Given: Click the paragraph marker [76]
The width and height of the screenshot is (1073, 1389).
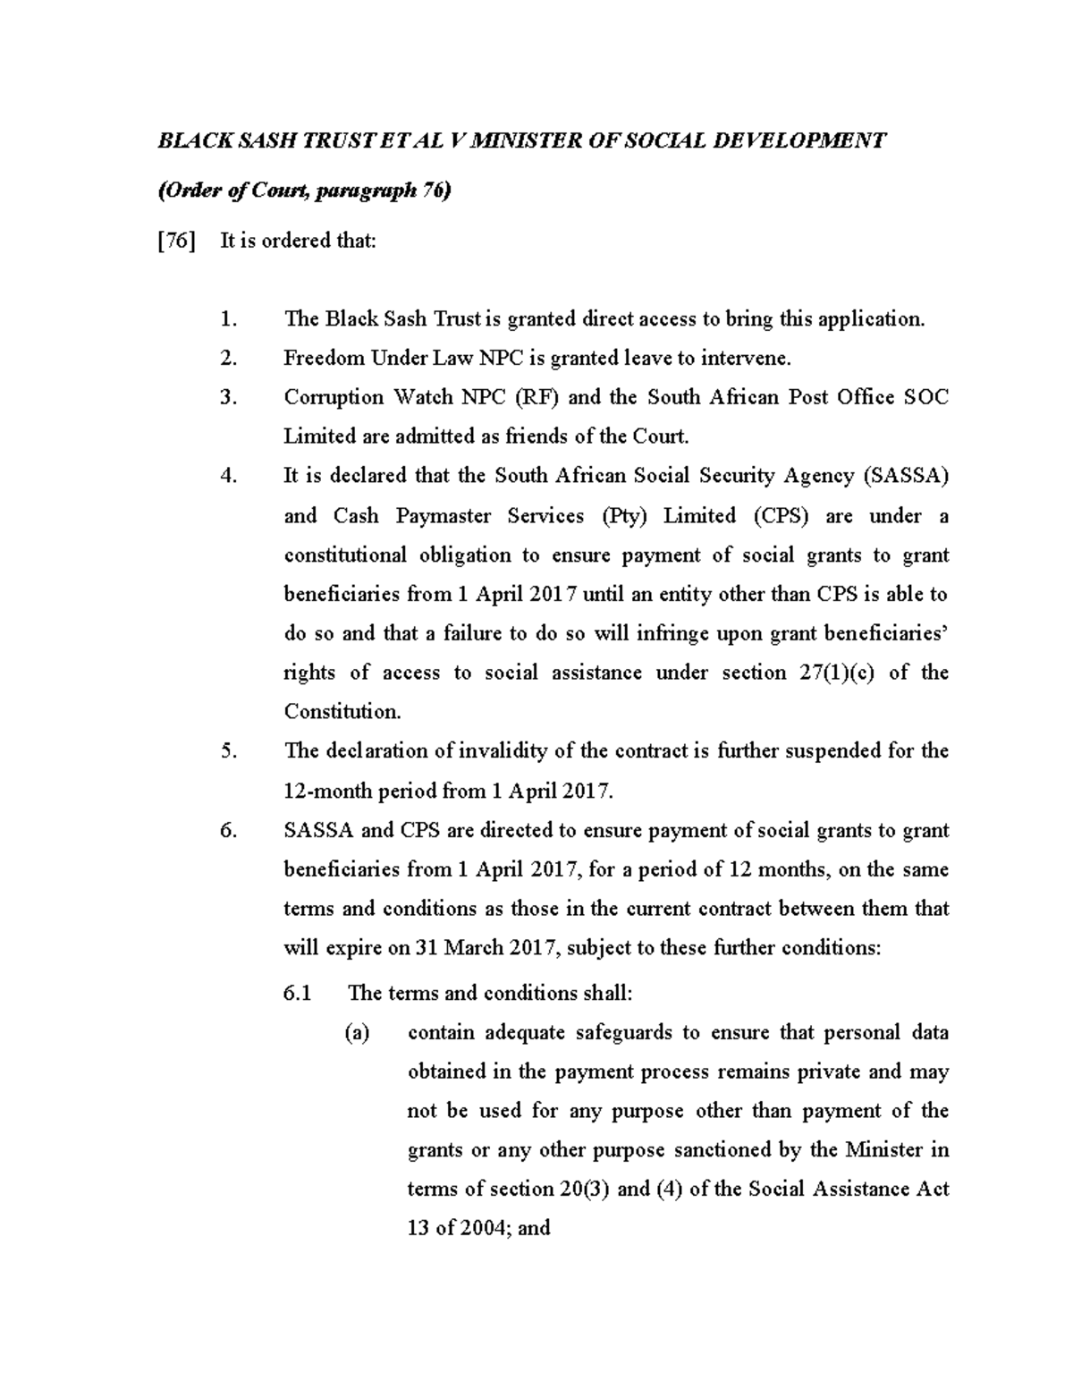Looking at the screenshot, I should [175, 241].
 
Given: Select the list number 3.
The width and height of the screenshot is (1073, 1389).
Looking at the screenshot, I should [229, 397].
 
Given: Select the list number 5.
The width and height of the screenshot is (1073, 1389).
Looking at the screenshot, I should [229, 751].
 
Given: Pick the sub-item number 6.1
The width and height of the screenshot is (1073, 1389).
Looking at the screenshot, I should [296, 994].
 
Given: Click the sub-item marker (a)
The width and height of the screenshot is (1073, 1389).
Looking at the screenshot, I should [357, 1033].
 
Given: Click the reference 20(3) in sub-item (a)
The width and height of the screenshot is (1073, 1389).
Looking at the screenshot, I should [583, 1190].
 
